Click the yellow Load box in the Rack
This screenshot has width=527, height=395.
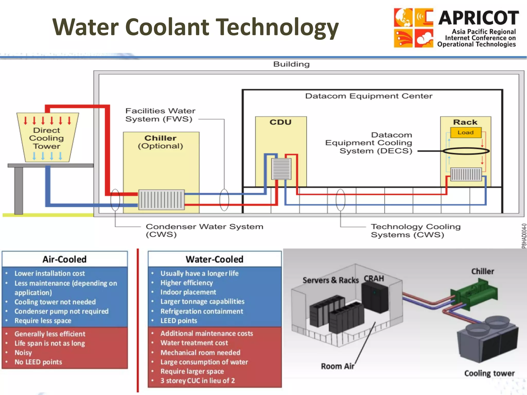point(465,132)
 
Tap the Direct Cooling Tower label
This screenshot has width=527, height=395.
point(47,138)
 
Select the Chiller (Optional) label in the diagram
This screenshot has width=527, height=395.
point(161,142)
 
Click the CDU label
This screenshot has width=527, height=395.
point(280,122)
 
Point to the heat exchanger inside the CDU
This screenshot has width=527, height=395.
point(281,169)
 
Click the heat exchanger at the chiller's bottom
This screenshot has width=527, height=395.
point(161,200)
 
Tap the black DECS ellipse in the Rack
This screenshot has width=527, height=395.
point(466,151)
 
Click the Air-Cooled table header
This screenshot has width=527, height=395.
point(65,259)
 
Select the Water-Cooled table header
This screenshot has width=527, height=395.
point(214,259)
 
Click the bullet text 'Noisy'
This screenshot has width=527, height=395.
point(23,353)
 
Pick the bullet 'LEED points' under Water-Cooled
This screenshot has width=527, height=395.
point(179,321)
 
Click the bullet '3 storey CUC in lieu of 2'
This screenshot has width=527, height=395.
point(197,381)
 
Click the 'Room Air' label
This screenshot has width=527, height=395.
point(337,366)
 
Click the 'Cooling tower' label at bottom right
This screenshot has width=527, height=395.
point(489,373)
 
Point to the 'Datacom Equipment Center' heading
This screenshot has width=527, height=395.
point(368,96)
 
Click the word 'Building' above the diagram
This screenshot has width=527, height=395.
point(291,64)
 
